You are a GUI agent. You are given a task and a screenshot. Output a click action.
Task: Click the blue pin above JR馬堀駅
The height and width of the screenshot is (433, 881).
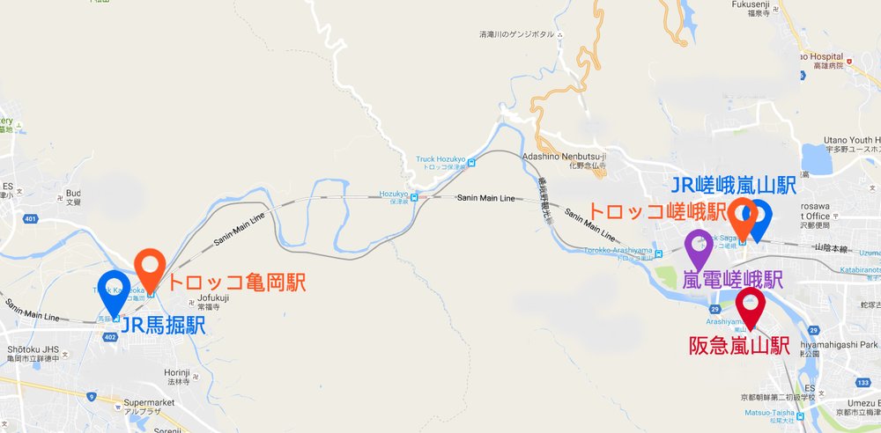(115, 291)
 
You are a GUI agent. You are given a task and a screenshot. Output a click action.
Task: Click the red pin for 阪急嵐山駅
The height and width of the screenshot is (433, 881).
(751, 304)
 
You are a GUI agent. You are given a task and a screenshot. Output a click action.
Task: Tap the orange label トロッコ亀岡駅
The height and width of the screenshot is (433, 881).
(236, 283)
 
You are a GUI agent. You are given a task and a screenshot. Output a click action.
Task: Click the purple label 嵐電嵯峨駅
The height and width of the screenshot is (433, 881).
(733, 280)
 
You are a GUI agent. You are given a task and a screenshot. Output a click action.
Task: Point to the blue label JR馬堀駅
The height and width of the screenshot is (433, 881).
(163, 327)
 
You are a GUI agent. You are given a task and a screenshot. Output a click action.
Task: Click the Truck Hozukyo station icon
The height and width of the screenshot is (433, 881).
(471, 162)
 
